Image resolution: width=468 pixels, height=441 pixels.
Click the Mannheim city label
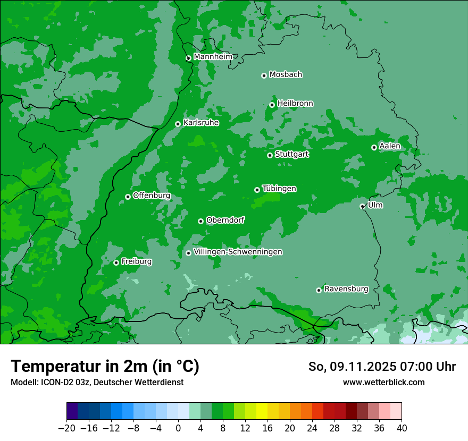213,57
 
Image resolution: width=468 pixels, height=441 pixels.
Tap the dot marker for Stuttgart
270,155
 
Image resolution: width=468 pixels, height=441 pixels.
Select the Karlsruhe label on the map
201,123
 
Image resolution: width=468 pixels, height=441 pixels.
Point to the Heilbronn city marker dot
272,105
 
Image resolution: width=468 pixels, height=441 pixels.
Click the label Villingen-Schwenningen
238,252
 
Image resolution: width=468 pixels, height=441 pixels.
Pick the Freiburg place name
136,261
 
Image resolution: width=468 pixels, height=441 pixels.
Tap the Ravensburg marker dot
319,290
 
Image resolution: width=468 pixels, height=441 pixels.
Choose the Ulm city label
375,205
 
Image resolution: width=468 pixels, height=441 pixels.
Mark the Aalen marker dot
374,147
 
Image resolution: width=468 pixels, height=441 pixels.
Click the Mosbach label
286,75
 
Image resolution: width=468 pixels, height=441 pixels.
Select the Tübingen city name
279,189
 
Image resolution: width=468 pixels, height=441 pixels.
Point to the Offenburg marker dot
128,197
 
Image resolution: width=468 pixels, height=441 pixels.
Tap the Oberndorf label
225,220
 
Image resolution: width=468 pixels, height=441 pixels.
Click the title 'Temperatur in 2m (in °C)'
105,367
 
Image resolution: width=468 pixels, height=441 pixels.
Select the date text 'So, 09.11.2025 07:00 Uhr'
382,367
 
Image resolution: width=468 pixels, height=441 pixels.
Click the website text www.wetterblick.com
383,383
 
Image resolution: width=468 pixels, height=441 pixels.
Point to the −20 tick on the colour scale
67,428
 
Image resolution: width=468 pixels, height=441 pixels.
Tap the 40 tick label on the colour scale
402,428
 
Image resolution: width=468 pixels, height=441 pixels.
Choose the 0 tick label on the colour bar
178,428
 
